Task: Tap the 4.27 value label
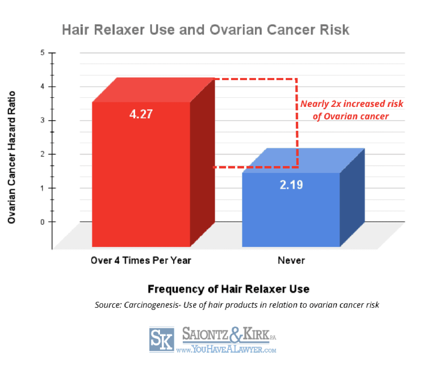(x=141, y=114)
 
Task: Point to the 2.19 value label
(x=291, y=185)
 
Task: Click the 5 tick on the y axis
(x=42, y=53)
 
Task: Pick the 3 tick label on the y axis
(x=42, y=120)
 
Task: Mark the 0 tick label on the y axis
(x=42, y=222)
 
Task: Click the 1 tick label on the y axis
(x=42, y=188)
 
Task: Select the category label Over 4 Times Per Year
(x=141, y=260)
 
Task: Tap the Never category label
(x=291, y=260)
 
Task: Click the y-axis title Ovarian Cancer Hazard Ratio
(x=12, y=157)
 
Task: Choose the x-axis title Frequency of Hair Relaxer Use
(x=228, y=289)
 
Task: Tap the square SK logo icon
(x=162, y=339)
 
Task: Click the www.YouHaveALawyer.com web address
(x=226, y=349)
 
